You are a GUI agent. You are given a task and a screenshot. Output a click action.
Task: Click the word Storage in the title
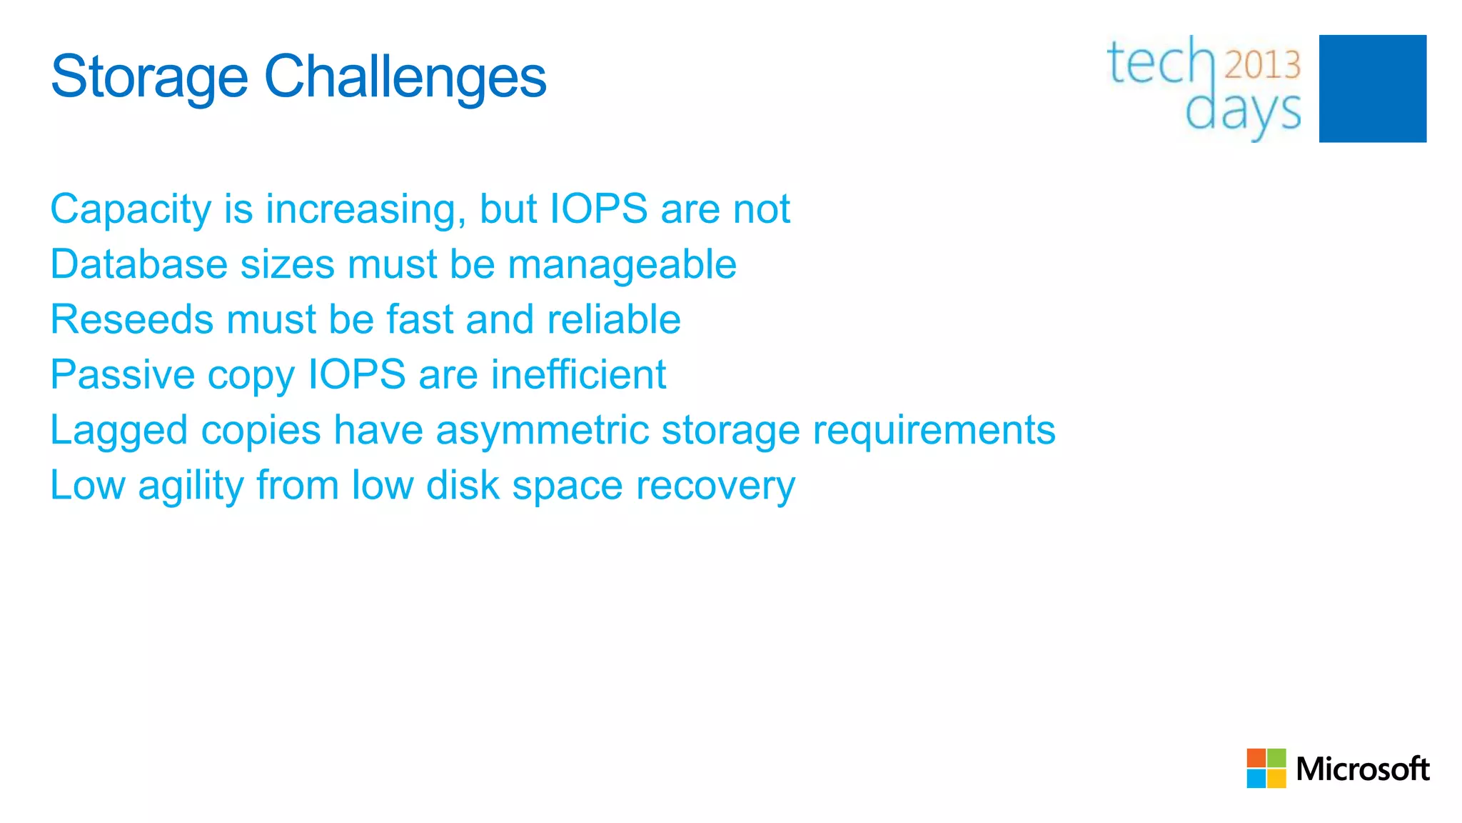[x=149, y=77]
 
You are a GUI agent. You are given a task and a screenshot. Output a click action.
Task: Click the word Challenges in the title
[x=405, y=77]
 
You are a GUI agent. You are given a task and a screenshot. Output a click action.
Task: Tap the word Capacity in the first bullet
[x=131, y=210]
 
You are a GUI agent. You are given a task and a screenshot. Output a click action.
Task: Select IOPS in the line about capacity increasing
[x=598, y=209]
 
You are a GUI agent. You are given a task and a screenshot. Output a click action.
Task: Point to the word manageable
[x=622, y=266]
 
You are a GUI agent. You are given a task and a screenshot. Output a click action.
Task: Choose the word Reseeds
[x=131, y=319]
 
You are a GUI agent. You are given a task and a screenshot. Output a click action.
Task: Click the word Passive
[x=122, y=374]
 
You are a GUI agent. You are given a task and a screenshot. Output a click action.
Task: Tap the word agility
[x=191, y=487]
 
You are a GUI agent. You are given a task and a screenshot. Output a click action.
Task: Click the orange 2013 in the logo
[x=1262, y=65]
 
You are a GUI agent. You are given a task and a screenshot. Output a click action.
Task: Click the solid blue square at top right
[x=1372, y=89]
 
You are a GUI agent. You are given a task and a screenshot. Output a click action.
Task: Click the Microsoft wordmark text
[x=1362, y=769]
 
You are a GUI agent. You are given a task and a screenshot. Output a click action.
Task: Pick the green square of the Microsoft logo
[x=1276, y=758]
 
